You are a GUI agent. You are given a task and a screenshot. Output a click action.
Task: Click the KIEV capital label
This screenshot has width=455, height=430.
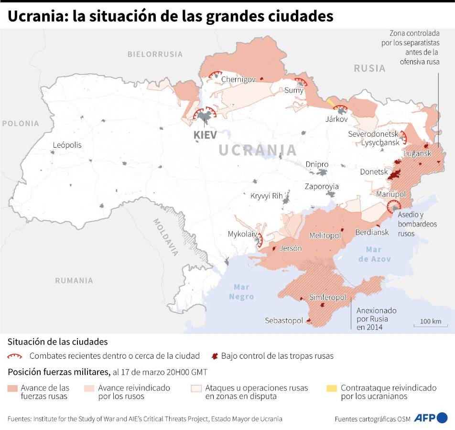point(205,135)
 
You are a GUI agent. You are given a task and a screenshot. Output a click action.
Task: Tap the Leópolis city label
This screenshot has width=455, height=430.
point(67,145)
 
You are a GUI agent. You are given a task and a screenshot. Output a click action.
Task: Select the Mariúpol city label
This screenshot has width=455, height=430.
point(390,194)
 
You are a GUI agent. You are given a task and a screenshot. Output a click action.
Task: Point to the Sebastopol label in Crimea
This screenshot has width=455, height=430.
point(284,321)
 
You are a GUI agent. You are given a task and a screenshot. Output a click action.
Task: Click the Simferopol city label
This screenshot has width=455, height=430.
point(327,297)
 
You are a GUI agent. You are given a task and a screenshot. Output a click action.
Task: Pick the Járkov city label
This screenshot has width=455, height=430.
point(336,119)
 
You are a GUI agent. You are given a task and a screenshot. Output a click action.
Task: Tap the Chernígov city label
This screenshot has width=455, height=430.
point(238,80)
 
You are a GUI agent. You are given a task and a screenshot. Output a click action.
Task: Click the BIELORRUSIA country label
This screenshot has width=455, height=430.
point(155,54)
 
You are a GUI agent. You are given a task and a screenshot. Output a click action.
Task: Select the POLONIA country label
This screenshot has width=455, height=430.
point(20,123)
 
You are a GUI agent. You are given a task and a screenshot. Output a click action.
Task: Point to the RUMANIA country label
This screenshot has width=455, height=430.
point(74,280)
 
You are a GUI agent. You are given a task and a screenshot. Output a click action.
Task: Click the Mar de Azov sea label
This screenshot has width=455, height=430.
point(373,254)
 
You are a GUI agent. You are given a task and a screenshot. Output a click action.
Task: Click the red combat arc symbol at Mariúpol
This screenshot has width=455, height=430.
point(394,206)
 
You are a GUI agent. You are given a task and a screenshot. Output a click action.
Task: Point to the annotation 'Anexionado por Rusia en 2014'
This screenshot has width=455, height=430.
point(376,318)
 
